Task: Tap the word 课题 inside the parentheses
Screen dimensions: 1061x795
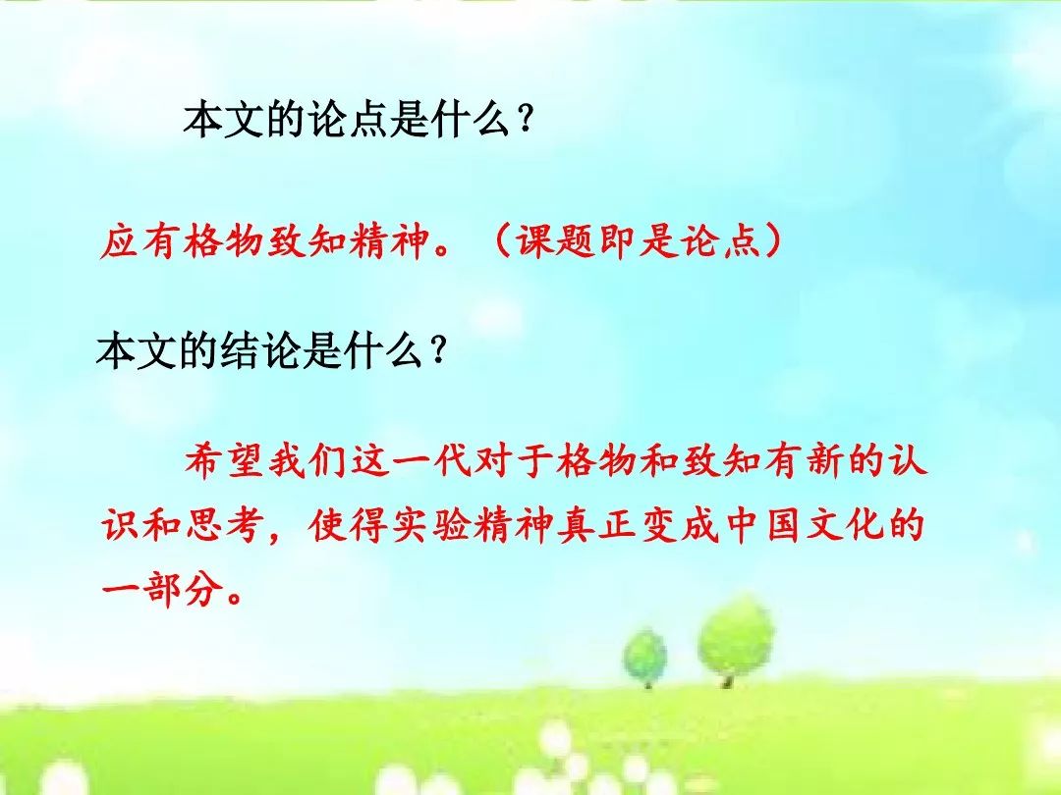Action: pos(556,240)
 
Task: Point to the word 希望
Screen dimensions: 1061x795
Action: pos(224,461)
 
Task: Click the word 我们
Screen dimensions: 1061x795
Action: pos(307,461)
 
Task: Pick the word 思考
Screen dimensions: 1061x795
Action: pos(224,525)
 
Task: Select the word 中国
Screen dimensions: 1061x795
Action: pos(763,525)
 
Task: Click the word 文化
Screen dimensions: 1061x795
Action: pos(846,525)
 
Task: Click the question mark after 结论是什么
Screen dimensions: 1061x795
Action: pos(439,352)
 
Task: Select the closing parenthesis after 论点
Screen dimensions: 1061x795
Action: pos(772,241)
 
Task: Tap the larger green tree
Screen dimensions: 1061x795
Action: pos(735,640)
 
